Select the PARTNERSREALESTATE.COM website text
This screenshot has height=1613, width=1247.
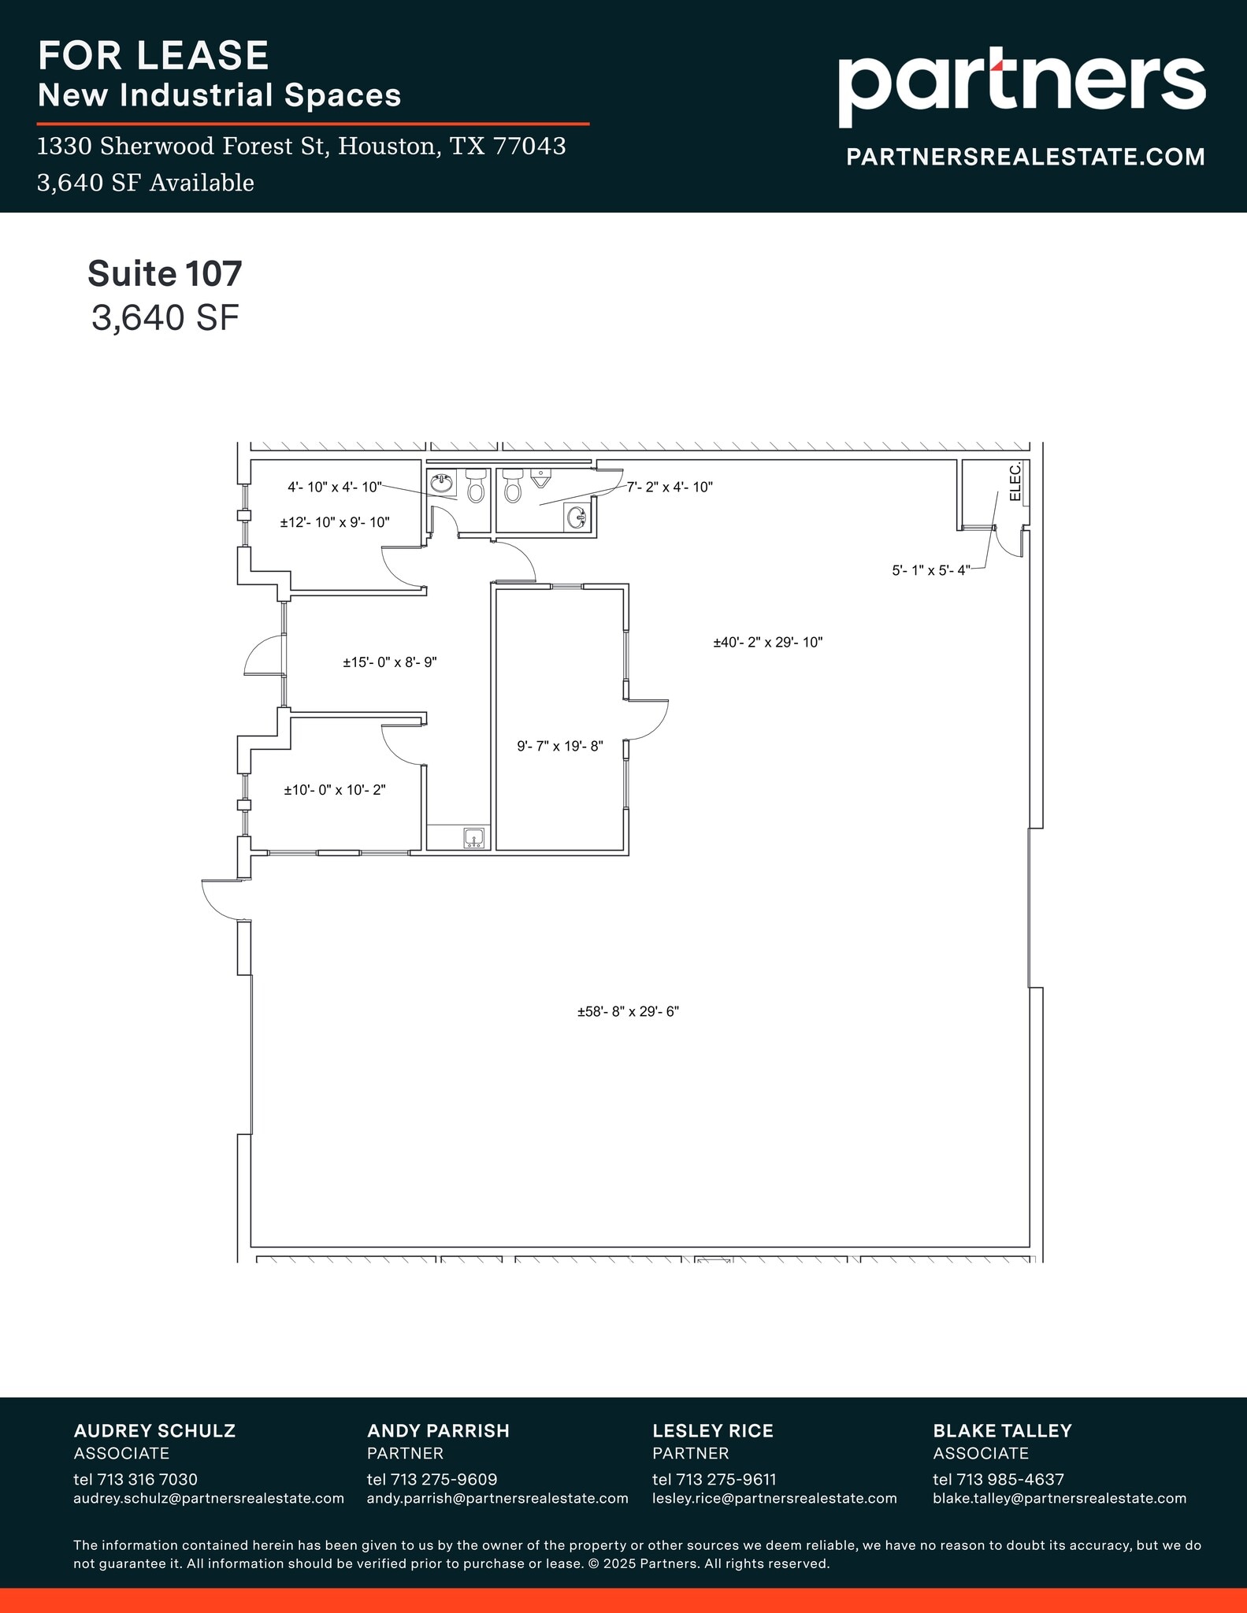click(1025, 157)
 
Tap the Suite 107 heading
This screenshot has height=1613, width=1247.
click(165, 273)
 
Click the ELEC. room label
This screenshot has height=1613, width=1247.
click(1015, 482)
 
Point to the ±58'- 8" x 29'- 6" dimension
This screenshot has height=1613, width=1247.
click(628, 1012)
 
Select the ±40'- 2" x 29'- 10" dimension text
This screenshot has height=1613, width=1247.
click(767, 643)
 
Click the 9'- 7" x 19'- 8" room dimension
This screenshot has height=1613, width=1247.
click(559, 746)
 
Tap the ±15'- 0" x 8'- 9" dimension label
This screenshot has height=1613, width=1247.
click(389, 663)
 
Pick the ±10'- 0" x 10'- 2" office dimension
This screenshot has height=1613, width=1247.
click(335, 790)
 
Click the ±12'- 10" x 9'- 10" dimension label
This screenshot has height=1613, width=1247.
click(335, 522)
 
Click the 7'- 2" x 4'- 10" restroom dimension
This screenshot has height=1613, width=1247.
click(670, 488)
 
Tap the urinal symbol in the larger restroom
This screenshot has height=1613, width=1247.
click(540, 477)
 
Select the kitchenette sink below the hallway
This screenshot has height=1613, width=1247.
click(474, 838)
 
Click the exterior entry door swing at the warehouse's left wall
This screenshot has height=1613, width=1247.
click(221, 899)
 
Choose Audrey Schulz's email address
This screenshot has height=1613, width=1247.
click(209, 1499)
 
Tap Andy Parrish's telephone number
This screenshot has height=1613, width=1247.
click(432, 1480)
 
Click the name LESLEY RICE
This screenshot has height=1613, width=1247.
click(712, 1431)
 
